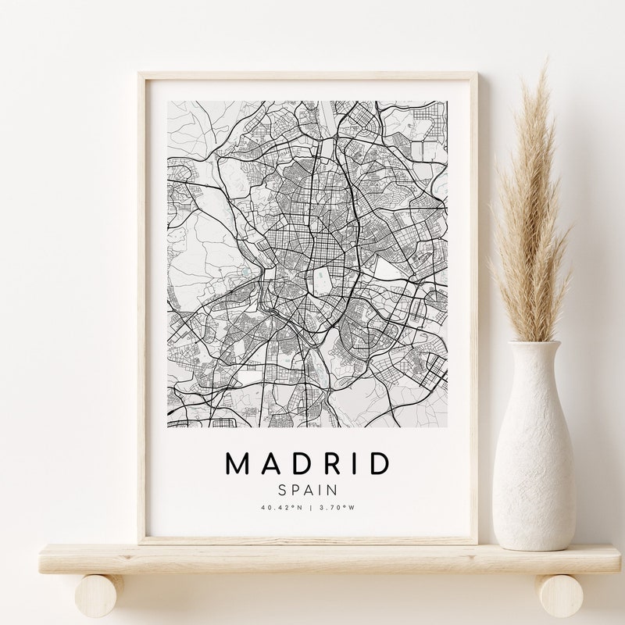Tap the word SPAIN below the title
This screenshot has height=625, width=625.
307,490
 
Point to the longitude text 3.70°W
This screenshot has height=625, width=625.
337,507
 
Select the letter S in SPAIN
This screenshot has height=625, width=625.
282,490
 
